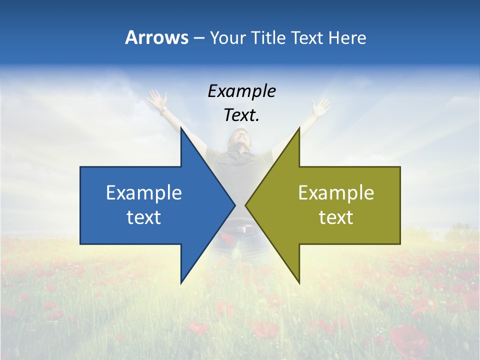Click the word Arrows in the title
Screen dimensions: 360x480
click(x=156, y=38)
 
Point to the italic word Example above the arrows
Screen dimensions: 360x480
click(x=241, y=91)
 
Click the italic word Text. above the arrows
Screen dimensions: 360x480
click(x=241, y=115)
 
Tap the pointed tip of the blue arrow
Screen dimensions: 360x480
click(x=234, y=205)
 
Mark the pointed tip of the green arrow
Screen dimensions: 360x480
click(x=246, y=205)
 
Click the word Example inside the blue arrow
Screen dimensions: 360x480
click(x=144, y=193)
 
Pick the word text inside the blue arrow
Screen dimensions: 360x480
click(x=144, y=217)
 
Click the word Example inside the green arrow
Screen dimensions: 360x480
click(x=336, y=193)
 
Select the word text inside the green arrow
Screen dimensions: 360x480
click(x=336, y=217)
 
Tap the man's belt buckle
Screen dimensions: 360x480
click(x=242, y=229)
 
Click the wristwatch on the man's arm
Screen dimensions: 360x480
click(x=164, y=108)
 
